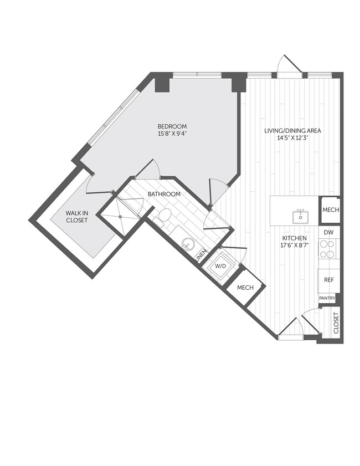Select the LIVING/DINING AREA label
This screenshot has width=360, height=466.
point(292,131)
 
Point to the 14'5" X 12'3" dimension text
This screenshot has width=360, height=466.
point(292,139)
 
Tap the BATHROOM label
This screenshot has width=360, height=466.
point(163,194)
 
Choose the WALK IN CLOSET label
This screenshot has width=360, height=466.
point(78,216)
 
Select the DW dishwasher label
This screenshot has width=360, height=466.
point(329,233)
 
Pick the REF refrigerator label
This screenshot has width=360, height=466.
point(329,280)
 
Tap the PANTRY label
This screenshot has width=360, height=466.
point(327,298)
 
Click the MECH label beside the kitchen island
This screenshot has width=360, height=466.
point(330,210)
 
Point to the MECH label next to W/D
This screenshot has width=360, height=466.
point(245,288)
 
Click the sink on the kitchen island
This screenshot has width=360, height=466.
point(301,216)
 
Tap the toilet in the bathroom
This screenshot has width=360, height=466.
point(164,216)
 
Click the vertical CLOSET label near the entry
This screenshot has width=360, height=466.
point(336,324)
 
